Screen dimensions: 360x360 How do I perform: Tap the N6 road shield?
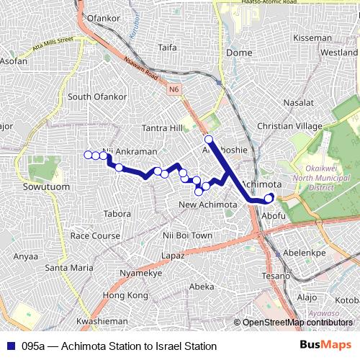coord(174,90)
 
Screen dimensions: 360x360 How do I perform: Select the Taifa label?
coord(167,48)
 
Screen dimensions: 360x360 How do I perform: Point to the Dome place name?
coord(239,53)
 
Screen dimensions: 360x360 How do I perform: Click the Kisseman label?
coord(312,37)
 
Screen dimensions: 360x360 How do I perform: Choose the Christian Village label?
coord(289,126)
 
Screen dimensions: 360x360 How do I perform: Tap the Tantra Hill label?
coord(163,127)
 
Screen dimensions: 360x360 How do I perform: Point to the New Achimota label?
coord(207,205)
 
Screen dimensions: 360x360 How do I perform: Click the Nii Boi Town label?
coord(187,235)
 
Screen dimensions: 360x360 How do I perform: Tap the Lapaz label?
coord(174,256)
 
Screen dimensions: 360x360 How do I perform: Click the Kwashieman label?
coord(102,320)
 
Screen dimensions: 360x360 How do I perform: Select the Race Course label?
coord(95,235)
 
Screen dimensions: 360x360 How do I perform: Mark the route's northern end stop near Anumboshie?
coord(208,139)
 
